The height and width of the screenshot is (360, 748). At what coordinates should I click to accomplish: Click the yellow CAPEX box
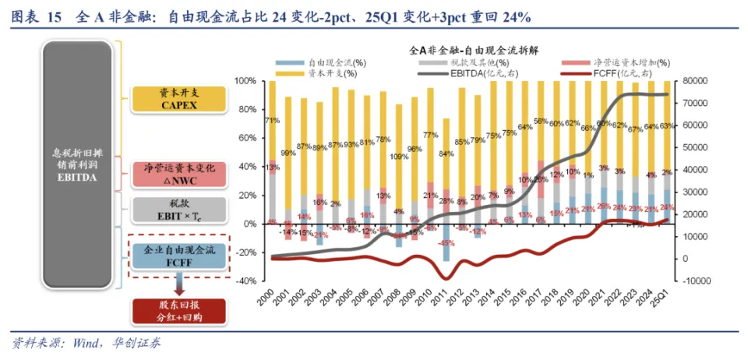pos(179,99)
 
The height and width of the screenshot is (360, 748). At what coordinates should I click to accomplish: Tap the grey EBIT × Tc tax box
pos(179,210)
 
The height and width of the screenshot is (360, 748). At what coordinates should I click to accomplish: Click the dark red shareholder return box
pos(179,311)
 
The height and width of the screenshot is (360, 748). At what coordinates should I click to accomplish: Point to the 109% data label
pos(398,156)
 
